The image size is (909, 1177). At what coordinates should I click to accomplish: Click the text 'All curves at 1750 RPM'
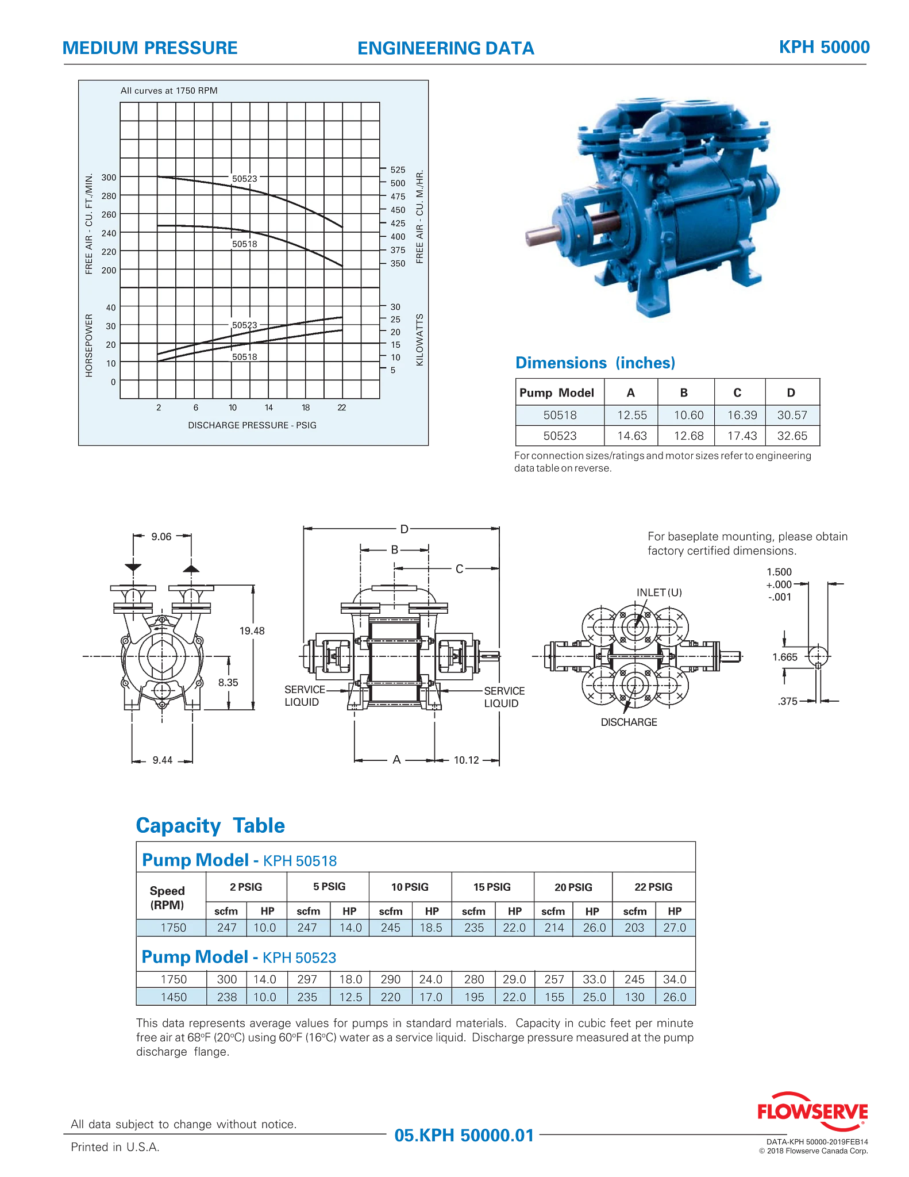(169, 91)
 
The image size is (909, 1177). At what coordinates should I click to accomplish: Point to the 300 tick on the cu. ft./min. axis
(109, 178)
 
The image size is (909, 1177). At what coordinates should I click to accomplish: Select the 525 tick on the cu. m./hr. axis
(398, 170)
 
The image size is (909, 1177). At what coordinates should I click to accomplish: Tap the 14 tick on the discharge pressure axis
(269, 407)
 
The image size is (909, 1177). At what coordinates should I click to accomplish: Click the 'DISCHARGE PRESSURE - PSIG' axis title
(252, 425)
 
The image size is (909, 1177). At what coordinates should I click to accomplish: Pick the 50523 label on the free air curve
(245, 179)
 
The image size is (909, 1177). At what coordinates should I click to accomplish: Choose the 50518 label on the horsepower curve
(245, 357)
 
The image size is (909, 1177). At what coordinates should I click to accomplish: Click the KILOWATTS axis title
(419, 340)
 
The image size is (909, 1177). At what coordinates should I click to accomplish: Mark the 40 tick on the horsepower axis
(111, 307)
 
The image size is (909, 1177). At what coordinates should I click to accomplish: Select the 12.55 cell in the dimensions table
(632, 415)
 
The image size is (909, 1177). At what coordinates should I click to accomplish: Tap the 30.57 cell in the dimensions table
(792, 415)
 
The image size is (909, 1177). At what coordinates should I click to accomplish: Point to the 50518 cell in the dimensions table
(560, 415)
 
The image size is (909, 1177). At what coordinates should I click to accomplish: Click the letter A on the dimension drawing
(396, 760)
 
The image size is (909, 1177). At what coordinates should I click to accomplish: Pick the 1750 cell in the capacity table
(173, 928)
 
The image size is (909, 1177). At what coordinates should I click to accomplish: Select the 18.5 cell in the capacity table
(431, 928)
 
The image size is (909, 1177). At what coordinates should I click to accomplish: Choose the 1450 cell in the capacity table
(173, 997)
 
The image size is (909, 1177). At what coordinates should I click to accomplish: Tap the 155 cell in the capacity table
(554, 997)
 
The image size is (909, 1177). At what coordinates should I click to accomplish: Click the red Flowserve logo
(811, 1113)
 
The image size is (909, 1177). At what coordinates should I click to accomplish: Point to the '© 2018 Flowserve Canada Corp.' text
(813, 1151)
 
